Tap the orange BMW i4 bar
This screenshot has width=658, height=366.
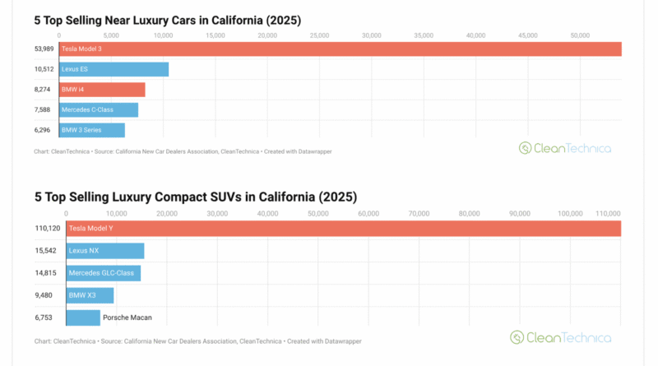point(102,90)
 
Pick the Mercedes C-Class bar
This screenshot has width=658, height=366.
point(98,109)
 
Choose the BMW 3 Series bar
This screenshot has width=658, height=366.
point(91,130)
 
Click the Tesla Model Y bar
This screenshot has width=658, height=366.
point(343,228)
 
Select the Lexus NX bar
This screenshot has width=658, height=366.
point(104,251)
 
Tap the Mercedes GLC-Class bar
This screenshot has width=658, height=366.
point(103,273)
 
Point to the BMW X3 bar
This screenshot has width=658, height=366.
point(90,295)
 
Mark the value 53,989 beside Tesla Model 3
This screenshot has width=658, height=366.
point(43,50)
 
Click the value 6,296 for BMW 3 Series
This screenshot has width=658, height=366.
point(44,130)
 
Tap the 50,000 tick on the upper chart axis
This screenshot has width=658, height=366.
point(580,35)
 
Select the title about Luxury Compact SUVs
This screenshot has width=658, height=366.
point(195,197)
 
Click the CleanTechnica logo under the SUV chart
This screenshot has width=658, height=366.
point(560,337)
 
